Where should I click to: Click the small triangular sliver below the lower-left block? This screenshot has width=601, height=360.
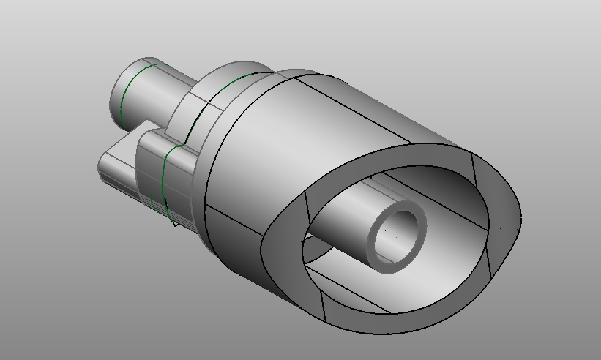[x=173, y=220]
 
